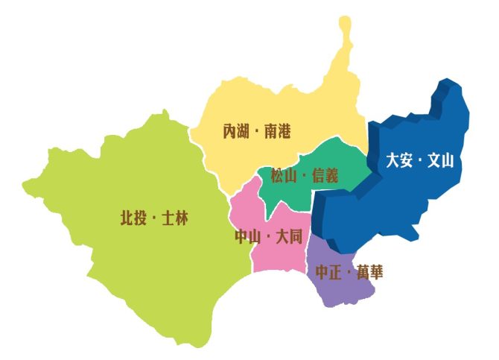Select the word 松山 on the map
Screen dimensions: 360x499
coord(282,176)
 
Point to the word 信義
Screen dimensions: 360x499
coord(325,176)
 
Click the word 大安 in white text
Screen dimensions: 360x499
coord(398,160)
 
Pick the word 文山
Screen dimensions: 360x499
coord(441,160)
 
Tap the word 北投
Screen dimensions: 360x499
coord(132,218)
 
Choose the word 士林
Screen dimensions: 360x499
coord(176,218)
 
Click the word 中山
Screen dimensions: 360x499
coord(247,237)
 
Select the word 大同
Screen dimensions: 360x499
coord(289,237)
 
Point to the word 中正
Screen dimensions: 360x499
coord(328,272)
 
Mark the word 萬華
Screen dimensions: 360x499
coord(370,272)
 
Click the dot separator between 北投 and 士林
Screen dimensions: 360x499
coord(154,219)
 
